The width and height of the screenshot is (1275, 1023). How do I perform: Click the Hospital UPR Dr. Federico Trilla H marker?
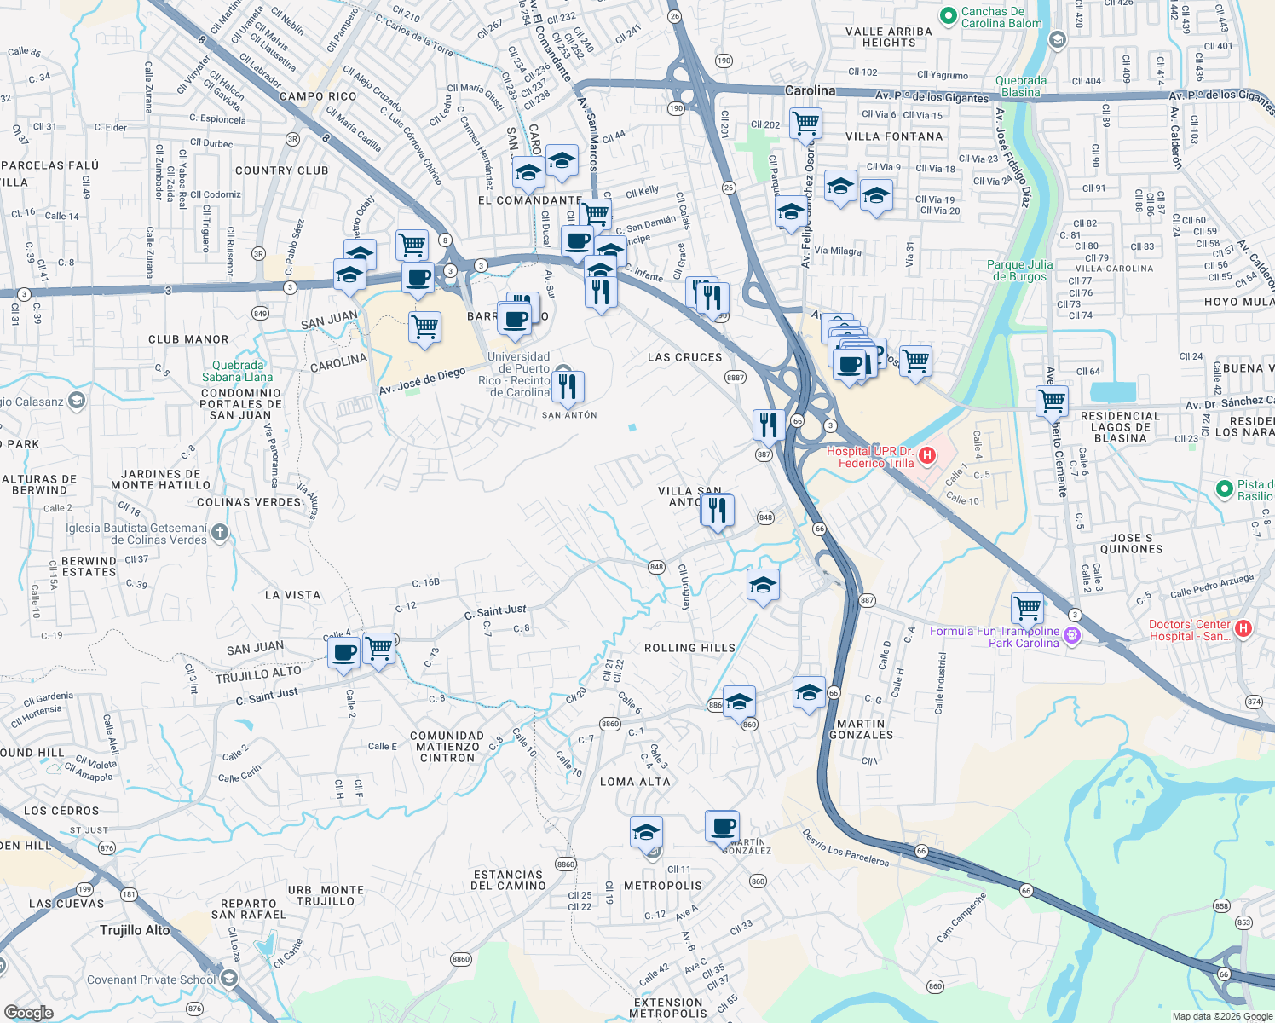pos(927,456)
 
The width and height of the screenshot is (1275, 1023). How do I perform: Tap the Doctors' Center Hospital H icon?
pos(1243,629)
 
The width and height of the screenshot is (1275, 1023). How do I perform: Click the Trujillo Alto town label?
pos(135,930)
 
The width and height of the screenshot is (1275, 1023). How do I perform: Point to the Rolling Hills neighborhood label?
pos(689,648)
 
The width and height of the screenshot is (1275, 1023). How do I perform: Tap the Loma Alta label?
pos(635,782)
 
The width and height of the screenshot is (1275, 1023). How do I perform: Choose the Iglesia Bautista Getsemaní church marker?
pos(220,534)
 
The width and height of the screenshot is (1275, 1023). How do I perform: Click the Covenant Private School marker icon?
pos(228,979)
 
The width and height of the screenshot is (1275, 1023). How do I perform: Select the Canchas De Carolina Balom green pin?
pos(948,16)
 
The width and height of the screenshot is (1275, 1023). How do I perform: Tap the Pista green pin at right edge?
pos(1224,489)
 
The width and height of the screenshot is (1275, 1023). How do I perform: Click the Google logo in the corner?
pos(28,1012)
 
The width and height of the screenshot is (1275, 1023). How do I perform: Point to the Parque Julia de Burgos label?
pos(1019,270)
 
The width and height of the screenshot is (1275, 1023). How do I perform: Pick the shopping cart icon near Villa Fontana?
pos(805,124)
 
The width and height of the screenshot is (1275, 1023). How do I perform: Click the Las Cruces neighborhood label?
pos(684,357)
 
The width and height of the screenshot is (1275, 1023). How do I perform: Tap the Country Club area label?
pos(281,170)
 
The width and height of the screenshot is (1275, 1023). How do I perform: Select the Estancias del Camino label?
pos(508,880)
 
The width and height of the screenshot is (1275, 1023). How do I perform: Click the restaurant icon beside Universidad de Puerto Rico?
pos(567,386)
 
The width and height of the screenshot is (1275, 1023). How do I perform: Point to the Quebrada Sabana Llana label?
pos(237,371)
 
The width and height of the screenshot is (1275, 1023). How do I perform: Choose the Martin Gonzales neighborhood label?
pos(861,729)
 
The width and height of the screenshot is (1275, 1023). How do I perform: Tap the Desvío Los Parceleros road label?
pos(845,847)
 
